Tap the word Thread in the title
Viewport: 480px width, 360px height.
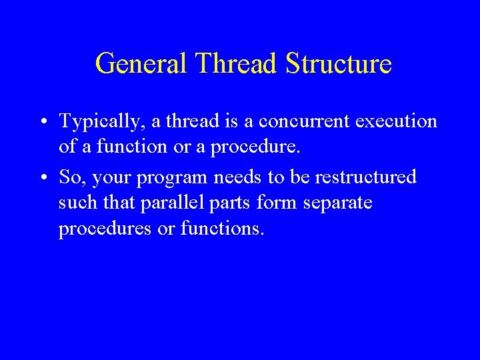238,64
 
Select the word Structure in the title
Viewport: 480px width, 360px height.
339,64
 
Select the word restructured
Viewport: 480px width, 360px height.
365,177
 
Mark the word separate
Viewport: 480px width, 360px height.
338,203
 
